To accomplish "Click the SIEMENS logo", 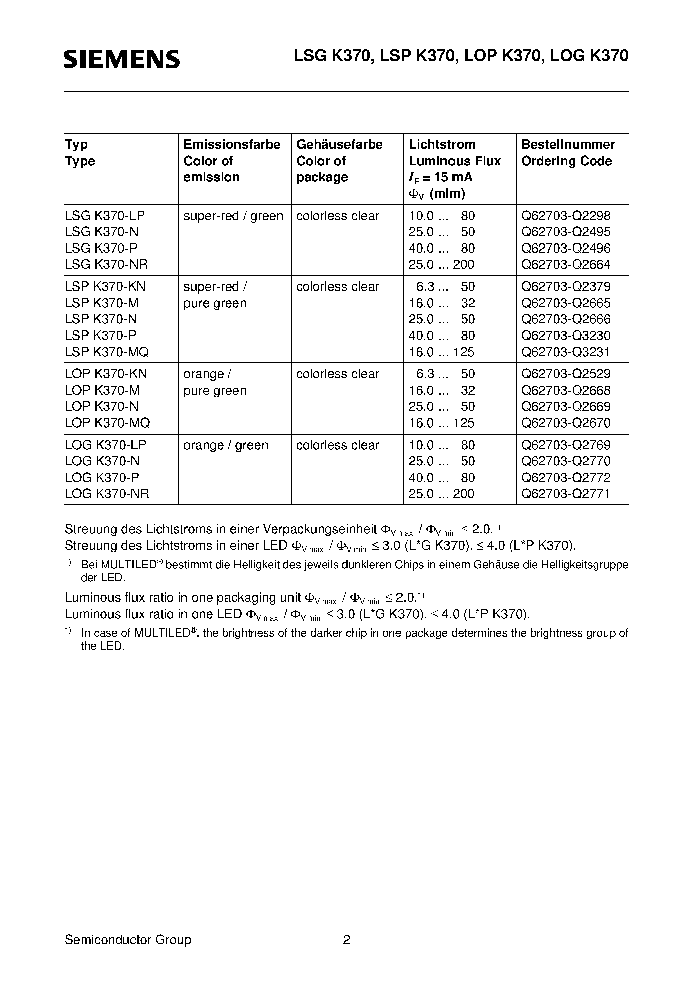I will coord(122,59).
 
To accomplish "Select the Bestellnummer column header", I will coord(568,144).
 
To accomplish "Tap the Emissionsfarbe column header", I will coord(231,144).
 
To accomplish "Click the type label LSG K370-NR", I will coord(106,264).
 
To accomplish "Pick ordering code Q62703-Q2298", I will coord(566,216).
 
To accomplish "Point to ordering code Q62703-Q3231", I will coord(566,352).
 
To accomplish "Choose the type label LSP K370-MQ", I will coord(107,352).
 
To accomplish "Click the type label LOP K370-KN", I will coord(106,374).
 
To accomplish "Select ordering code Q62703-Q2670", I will coord(566,423).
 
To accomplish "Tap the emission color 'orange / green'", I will coord(226,445).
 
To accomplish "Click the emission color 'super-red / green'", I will coord(233,216).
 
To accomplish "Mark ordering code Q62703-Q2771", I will coord(566,494).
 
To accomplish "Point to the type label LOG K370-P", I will coord(102,478).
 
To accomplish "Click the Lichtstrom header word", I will coord(442,144).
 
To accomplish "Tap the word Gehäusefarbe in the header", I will coord(339,144).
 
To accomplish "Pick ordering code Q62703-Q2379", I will coord(566,286).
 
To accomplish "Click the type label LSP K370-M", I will coord(102,303).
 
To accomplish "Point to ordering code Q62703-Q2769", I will coord(566,445).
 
